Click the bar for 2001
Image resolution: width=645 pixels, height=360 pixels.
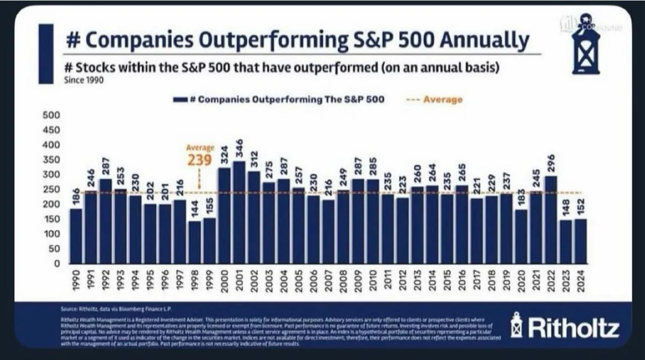point(239,212)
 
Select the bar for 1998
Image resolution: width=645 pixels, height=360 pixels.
point(194,242)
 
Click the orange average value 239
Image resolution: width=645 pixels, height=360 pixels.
point(200,160)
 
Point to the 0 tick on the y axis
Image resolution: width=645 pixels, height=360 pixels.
point(57,263)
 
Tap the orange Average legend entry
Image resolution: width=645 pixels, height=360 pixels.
point(434,99)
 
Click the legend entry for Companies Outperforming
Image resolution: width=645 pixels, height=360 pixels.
point(279,99)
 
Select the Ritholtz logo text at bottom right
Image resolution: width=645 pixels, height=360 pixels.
point(573,328)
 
